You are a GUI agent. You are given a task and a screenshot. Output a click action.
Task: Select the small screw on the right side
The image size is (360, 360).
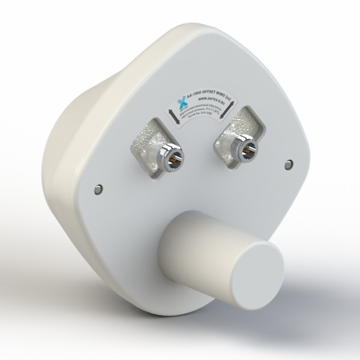[289, 163]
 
